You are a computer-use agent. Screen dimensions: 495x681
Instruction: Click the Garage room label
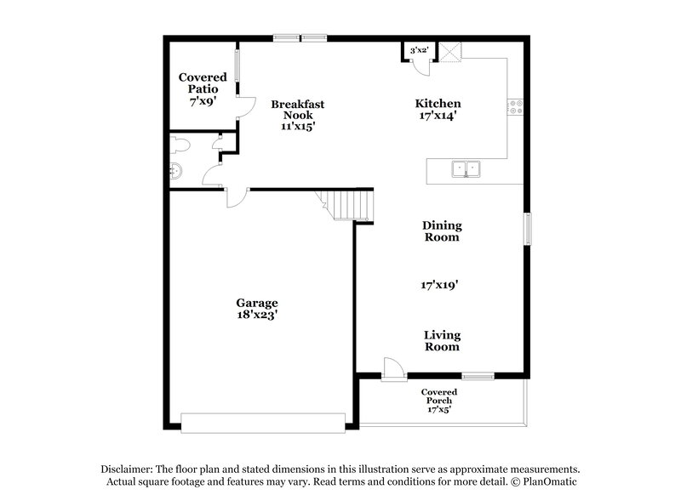coord(256,303)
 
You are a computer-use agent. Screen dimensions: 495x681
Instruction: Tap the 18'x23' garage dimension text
coord(256,315)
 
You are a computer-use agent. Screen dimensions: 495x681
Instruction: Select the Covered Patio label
coord(203,82)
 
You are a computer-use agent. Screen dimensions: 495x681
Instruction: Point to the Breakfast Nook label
coord(297,110)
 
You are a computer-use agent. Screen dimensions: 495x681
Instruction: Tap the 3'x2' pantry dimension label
coord(418,51)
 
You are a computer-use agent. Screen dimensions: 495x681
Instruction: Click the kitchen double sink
coord(466,169)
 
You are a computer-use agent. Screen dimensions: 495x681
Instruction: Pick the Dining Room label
coord(442,231)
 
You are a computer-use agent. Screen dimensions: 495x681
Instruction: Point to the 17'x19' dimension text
coord(440,286)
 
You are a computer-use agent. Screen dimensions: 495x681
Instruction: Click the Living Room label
coord(442,340)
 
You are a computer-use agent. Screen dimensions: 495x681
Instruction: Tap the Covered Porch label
coord(439,396)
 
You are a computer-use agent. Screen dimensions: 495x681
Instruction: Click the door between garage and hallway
coord(236,197)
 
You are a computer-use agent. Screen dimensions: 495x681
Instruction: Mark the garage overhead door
coord(263,423)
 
